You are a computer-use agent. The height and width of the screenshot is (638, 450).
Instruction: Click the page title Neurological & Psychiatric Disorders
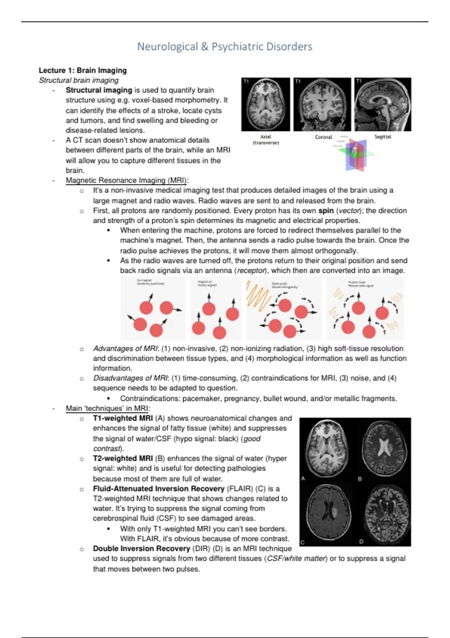pos(225,47)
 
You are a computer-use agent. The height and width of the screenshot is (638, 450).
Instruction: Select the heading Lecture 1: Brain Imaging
pos(82,70)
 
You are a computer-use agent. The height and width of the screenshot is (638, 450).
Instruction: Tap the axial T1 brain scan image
pos(266,104)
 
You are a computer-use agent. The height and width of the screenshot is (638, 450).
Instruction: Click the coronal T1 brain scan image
pos(322,104)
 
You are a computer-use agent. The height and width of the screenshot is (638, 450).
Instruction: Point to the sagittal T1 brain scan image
pos(382,104)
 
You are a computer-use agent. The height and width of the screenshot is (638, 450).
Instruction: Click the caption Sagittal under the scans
pos(382,137)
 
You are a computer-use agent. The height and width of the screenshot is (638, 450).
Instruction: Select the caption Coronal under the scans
pos(323,137)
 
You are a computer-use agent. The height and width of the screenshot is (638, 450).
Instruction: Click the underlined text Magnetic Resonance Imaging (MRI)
pos(126,181)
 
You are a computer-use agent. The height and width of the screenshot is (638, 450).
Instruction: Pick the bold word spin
pos(326,211)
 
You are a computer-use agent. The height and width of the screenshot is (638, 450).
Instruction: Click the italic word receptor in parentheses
pos(250,271)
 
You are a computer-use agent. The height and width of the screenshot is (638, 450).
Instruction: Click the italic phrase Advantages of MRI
pos(125,349)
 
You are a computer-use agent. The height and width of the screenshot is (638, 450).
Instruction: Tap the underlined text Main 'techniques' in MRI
pos(108,408)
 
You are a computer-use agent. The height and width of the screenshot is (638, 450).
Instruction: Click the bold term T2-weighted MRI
pos(123,458)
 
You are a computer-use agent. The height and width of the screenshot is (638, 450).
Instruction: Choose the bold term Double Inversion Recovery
pos(141,548)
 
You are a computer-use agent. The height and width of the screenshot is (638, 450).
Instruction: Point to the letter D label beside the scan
pos(361,542)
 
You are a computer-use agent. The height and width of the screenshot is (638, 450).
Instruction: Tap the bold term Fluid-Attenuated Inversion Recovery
pos(159,489)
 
